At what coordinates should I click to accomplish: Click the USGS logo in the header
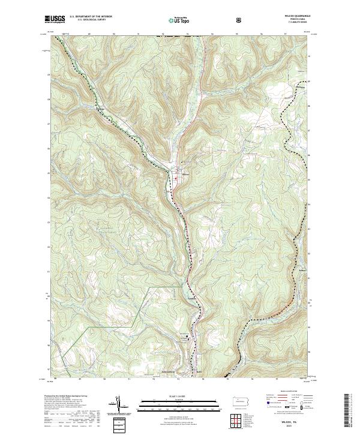[54, 20]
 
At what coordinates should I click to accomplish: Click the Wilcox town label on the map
[185, 176]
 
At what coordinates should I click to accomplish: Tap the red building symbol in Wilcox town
[178, 175]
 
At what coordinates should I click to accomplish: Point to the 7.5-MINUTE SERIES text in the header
[292, 25]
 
